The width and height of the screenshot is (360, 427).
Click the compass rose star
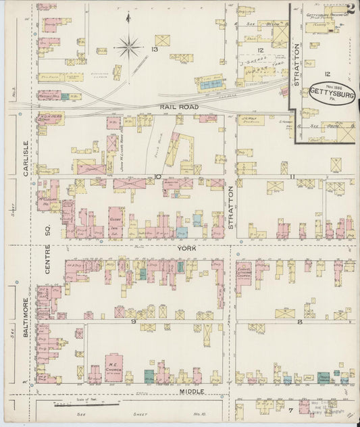pyautogui.click(x=128, y=47)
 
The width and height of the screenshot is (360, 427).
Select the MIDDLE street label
pyautogui.click(x=190, y=391)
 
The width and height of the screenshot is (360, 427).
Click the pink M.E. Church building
pyautogui.click(x=113, y=368)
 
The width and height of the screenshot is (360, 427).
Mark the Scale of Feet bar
pyautogui.click(x=79, y=406)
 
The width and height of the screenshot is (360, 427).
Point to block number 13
pyautogui.click(x=155, y=50)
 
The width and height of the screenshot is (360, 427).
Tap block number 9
pyautogui.click(x=134, y=322)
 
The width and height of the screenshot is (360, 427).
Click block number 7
pyautogui.click(x=290, y=410)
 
